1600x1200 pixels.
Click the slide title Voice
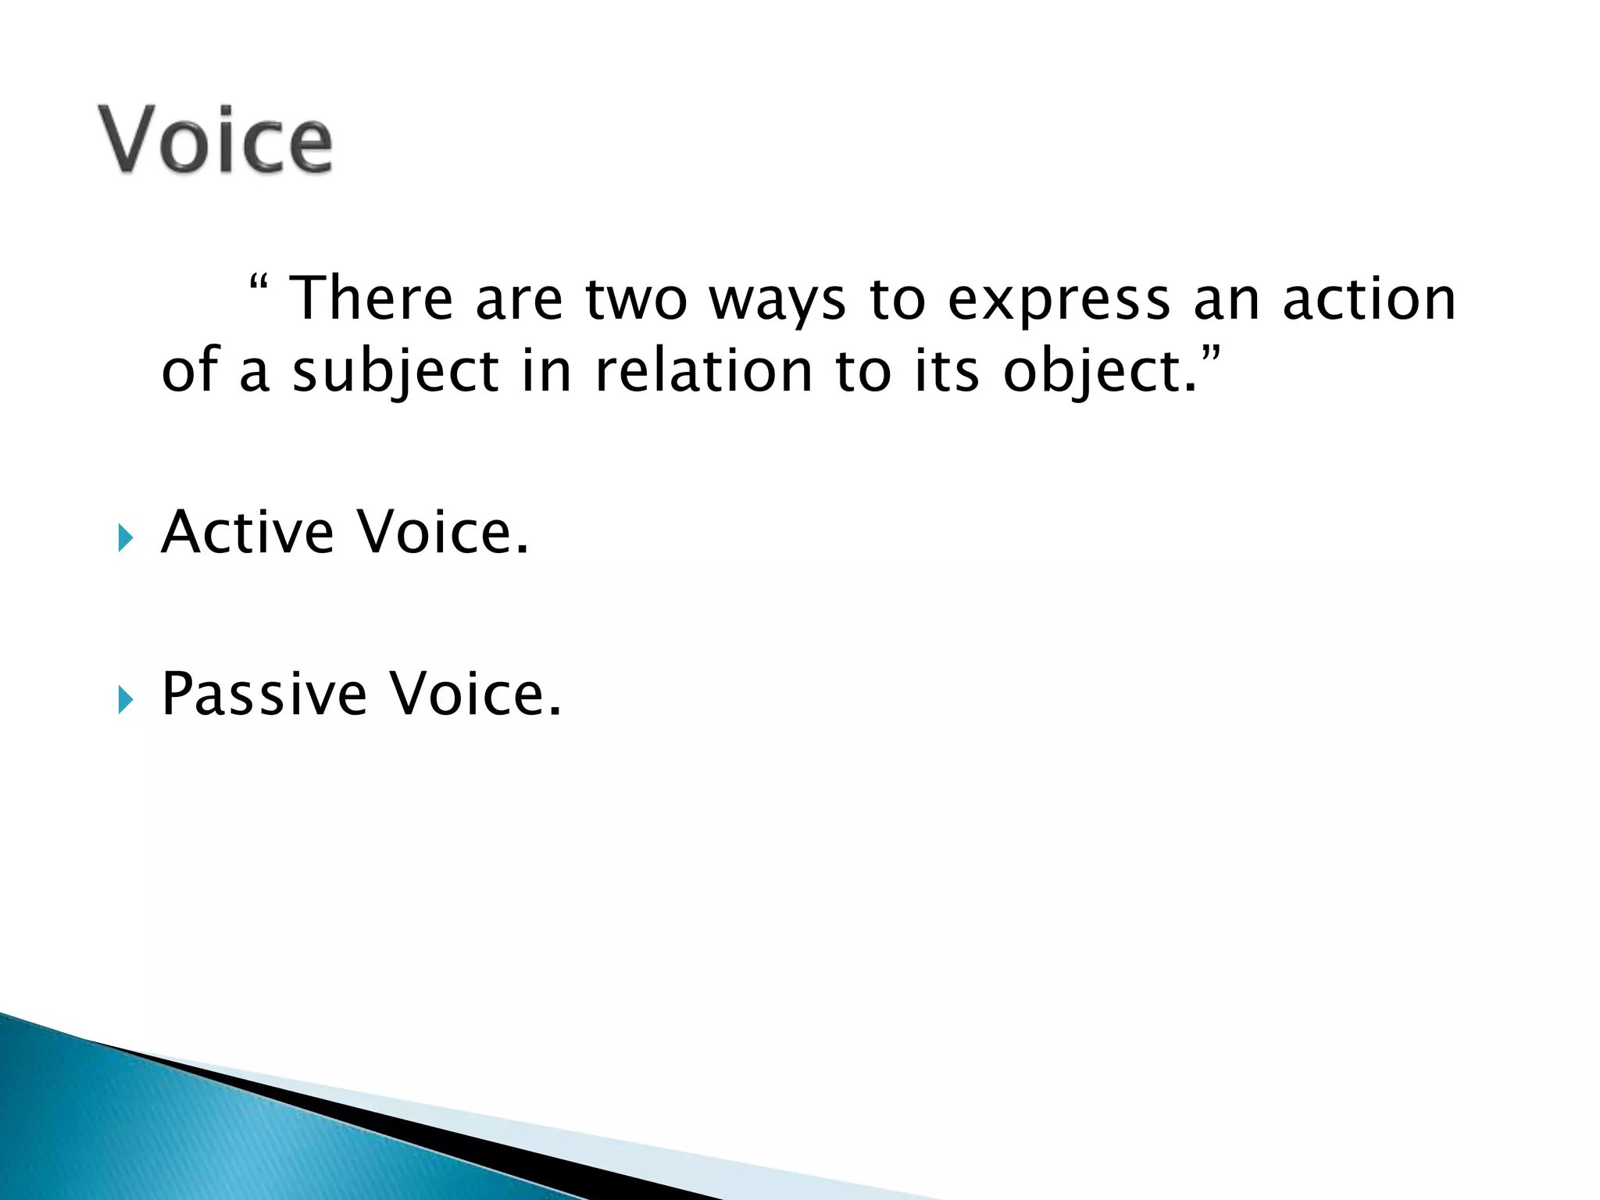[x=216, y=140]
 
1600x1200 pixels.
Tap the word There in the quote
[x=371, y=298]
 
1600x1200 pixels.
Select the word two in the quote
[x=636, y=298]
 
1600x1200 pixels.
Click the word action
[x=1369, y=298]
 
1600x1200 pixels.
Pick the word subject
[x=395, y=372]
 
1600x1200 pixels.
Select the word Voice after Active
[x=442, y=532]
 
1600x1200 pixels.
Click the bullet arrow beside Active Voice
[x=126, y=538]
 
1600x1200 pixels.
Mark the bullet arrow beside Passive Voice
[x=126, y=700]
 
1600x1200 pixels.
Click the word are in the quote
[x=518, y=300]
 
